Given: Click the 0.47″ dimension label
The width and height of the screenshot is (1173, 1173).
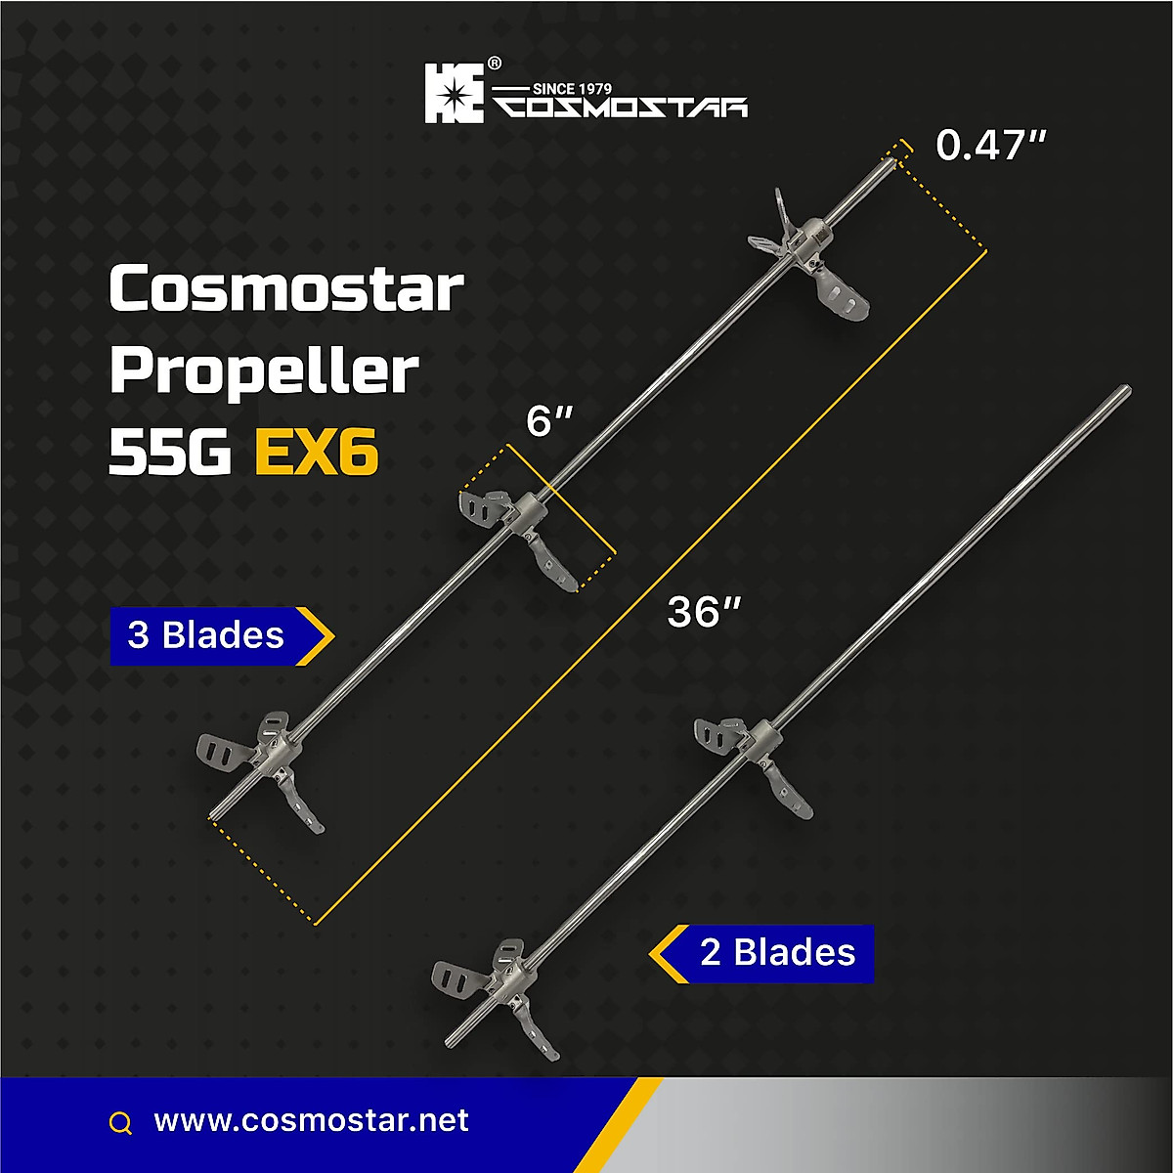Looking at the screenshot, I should (x=991, y=147).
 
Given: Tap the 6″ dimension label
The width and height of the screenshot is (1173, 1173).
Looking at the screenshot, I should (x=548, y=422).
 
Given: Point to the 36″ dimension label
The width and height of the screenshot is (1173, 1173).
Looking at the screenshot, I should (x=703, y=613).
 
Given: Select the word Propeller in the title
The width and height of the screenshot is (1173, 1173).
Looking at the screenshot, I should (x=264, y=373).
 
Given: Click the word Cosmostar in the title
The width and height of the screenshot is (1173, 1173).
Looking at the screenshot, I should (x=285, y=290).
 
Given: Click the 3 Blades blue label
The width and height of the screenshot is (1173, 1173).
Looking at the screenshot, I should (x=207, y=635).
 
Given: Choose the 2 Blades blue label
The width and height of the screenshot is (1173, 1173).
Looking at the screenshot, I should (x=777, y=952).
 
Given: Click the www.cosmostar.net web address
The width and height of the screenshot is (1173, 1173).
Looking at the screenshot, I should (x=312, y=1120).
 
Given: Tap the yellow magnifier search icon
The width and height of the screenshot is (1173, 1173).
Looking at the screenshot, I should (x=120, y=1123).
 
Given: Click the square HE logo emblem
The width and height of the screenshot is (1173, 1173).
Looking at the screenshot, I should (x=454, y=93).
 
